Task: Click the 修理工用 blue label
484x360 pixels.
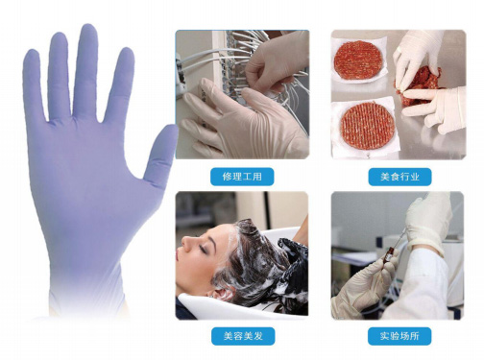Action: click(242, 177)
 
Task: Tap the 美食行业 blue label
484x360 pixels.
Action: click(399, 177)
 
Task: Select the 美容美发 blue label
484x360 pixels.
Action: click(243, 336)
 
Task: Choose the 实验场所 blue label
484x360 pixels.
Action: click(399, 336)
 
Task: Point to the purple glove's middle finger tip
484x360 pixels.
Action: click(88, 28)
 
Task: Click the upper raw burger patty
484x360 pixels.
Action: click(358, 60)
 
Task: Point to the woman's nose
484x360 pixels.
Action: click(185, 244)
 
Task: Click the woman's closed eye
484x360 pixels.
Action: click(203, 249)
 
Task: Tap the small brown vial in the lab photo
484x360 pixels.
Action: click(388, 254)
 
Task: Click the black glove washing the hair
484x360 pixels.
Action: click(293, 262)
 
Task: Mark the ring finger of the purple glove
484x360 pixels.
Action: click(59, 75)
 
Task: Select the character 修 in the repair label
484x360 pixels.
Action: click(227, 177)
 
